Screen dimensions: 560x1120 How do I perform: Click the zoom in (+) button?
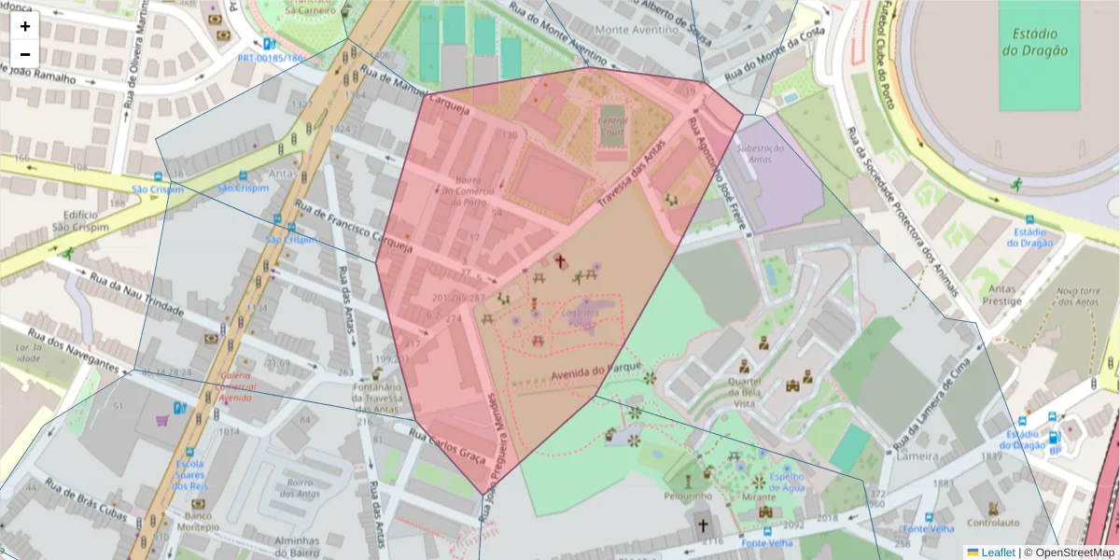click(25, 26)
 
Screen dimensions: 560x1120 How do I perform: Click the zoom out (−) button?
click(25, 54)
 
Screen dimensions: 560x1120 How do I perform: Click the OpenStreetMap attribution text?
click(1073, 553)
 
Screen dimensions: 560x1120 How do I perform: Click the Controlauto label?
click(993, 523)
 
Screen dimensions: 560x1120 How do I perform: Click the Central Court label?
click(612, 126)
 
